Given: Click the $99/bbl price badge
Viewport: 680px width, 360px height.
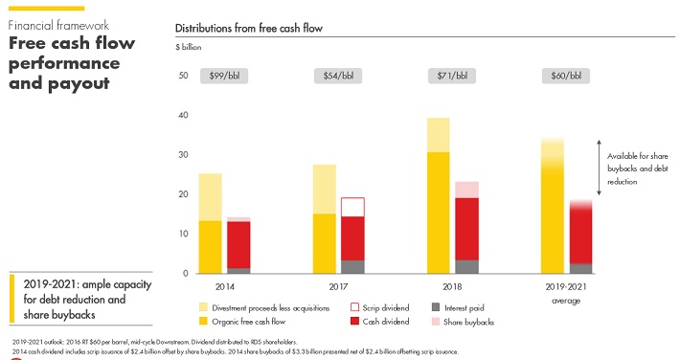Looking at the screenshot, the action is [x=224, y=76].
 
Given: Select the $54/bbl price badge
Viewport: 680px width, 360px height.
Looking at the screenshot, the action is [x=338, y=76].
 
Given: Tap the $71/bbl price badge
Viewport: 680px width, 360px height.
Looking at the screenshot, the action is [x=452, y=76].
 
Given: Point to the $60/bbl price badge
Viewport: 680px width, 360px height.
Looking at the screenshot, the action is [x=566, y=76].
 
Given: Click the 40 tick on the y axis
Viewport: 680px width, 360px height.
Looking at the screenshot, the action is [x=183, y=115].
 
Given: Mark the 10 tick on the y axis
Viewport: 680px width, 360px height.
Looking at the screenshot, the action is [x=183, y=234].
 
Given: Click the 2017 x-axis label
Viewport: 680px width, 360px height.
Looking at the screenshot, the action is [x=338, y=286].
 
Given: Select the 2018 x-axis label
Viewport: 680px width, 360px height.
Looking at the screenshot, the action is [x=452, y=286].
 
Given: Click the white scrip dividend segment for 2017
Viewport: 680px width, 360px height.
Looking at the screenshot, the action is [x=352, y=207].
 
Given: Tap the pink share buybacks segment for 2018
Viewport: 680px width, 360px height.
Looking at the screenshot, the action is [x=467, y=190].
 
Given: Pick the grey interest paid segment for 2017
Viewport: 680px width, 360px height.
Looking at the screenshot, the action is [x=352, y=267].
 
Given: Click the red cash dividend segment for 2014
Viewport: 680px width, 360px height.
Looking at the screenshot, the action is [x=238, y=244].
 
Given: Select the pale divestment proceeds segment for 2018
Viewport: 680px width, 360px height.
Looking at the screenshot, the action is [x=438, y=135].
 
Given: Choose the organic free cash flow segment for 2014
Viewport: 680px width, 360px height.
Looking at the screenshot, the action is [x=211, y=247].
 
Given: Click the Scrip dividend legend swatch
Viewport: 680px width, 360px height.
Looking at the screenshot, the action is [x=354, y=307].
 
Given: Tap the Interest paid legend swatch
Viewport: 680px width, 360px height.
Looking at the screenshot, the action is [x=436, y=307].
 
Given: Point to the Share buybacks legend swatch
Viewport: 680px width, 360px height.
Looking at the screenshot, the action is [x=436, y=322].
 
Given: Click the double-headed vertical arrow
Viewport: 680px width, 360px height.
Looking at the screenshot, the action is [x=599, y=168].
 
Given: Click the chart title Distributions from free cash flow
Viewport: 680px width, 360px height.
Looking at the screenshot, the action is [x=249, y=29].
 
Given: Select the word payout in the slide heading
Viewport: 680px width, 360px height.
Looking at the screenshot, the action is [x=79, y=83].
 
